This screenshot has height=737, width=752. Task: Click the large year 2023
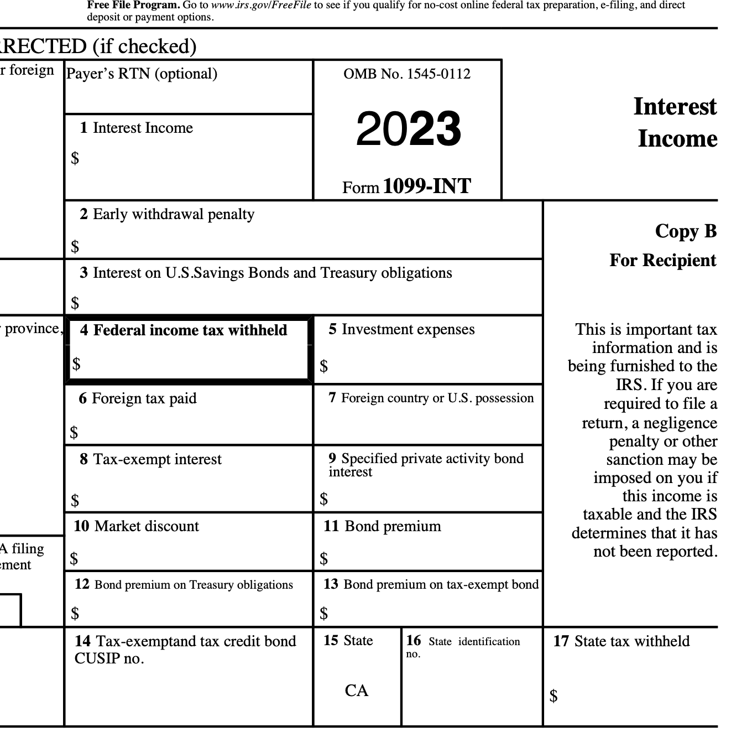point(408,129)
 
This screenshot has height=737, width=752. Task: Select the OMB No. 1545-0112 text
point(407,74)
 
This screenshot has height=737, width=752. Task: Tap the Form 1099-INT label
point(406,187)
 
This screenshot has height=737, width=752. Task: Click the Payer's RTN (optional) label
point(142,74)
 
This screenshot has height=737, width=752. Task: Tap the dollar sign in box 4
point(76,364)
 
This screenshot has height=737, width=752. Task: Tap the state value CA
point(356,691)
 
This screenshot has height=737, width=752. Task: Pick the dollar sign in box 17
point(553,696)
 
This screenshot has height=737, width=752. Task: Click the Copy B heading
point(686,231)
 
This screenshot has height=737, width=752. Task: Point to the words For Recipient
point(662,261)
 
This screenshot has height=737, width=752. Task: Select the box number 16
point(413,641)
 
